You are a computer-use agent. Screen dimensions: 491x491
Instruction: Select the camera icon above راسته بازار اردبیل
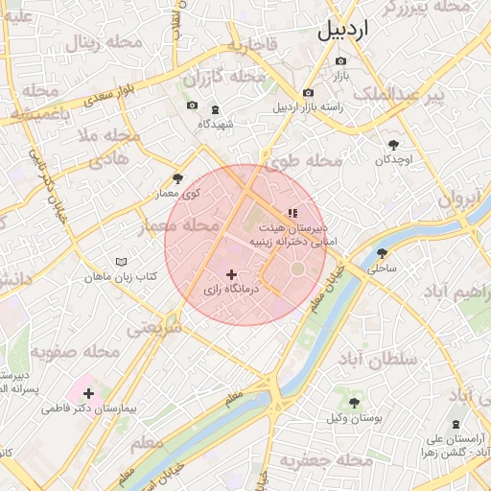tap(308, 93)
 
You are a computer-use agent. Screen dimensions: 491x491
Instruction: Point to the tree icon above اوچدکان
tap(393, 145)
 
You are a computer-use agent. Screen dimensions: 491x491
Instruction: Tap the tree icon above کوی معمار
tap(177, 178)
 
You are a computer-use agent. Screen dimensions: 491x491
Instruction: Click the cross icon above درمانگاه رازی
tap(231, 274)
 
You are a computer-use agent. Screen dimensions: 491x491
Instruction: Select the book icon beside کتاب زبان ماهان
tap(121, 262)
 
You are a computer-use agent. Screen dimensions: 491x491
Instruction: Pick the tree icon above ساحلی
tap(382, 254)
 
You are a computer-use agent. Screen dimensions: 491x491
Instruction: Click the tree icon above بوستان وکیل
tap(354, 403)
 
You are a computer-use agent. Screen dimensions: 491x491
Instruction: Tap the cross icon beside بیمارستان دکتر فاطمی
tap(89, 393)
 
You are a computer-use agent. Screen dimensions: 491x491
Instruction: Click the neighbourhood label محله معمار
tap(178, 227)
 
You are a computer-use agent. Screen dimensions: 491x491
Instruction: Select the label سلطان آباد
tap(380, 359)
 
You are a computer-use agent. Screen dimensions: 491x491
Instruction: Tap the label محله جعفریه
tap(325, 462)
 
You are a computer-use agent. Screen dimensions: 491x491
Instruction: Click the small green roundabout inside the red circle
tap(297, 269)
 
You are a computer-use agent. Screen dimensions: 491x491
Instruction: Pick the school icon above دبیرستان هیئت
tap(292, 213)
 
